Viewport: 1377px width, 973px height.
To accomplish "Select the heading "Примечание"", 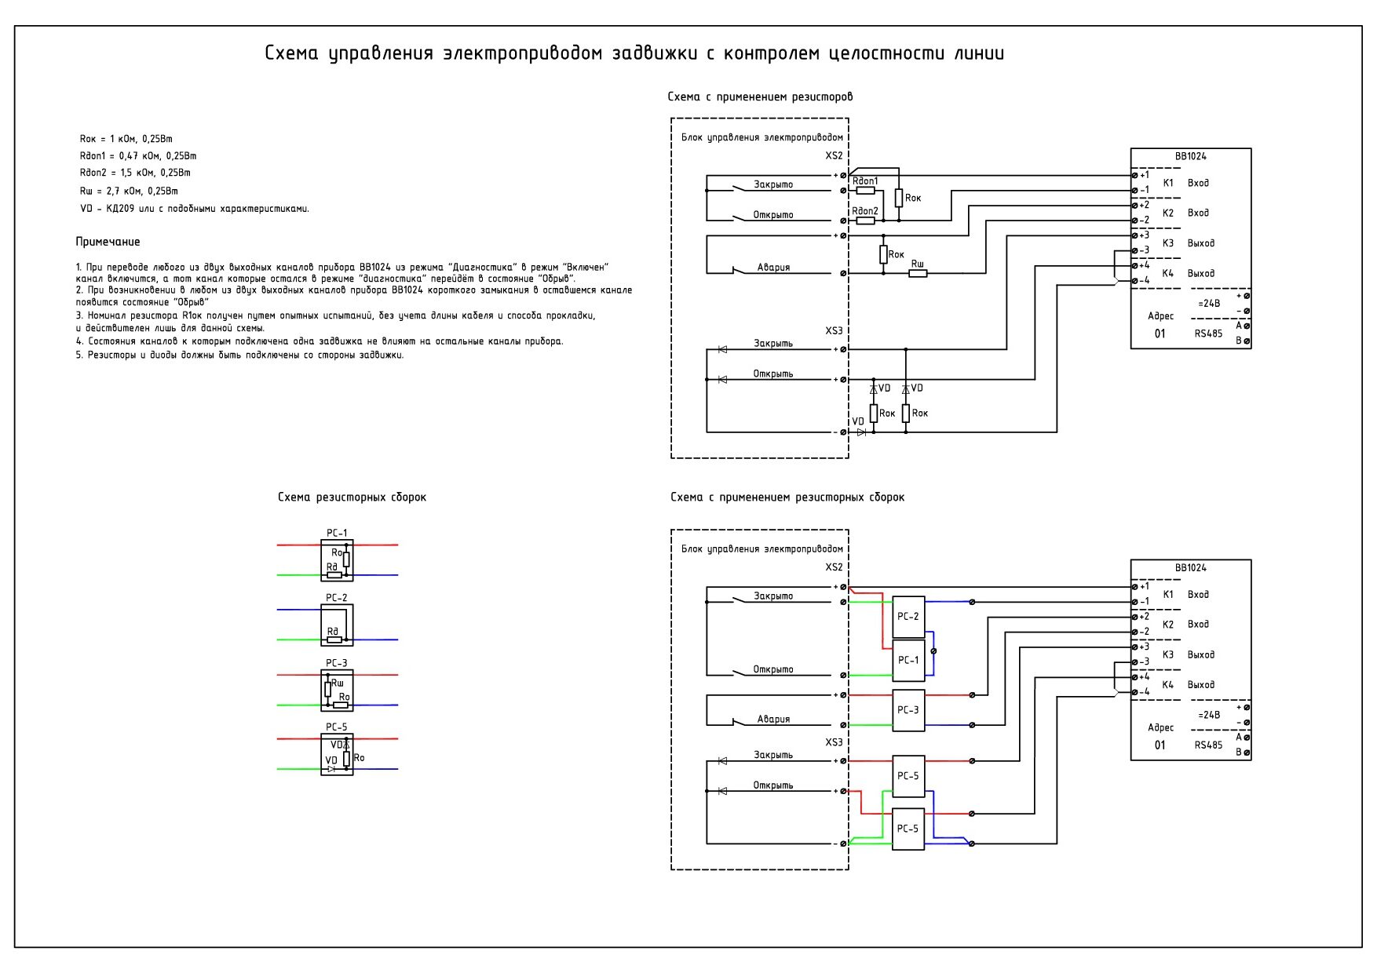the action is click(108, 242).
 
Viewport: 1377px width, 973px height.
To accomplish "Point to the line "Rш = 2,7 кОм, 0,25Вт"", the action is click(129, 191).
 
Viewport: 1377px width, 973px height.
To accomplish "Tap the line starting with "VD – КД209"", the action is click(195, 209).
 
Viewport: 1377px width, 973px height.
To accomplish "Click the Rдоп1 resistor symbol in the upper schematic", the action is click(865, 191).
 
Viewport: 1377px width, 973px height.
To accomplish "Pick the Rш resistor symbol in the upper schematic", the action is click(918, 273).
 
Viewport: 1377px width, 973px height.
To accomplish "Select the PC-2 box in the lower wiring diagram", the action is click(908, 617).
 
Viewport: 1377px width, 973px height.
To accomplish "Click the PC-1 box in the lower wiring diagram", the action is click(908, 660).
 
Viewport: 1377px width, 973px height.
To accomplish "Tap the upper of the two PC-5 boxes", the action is click(908, 776).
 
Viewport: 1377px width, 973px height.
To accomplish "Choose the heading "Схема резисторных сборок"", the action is click(352, 497).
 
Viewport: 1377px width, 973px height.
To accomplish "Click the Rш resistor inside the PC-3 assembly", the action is click(327, 690).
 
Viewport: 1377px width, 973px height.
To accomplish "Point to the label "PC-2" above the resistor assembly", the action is click(336, 598).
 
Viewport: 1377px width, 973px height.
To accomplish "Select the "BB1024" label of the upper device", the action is click(1190, 156).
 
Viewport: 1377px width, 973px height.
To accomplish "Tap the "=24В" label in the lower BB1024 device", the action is click(1209, 715).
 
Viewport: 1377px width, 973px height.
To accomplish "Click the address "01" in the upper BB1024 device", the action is click(1160, 333).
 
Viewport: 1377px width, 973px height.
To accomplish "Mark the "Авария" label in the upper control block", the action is click(773, 268).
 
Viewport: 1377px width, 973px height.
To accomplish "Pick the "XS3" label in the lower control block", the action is click(834, 742).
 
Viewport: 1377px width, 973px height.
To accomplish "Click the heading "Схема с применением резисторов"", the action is click(760, 97).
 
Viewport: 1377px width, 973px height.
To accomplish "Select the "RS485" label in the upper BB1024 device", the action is click(1208, 333).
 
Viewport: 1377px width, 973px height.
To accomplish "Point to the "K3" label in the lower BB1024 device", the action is click(1167, 654).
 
